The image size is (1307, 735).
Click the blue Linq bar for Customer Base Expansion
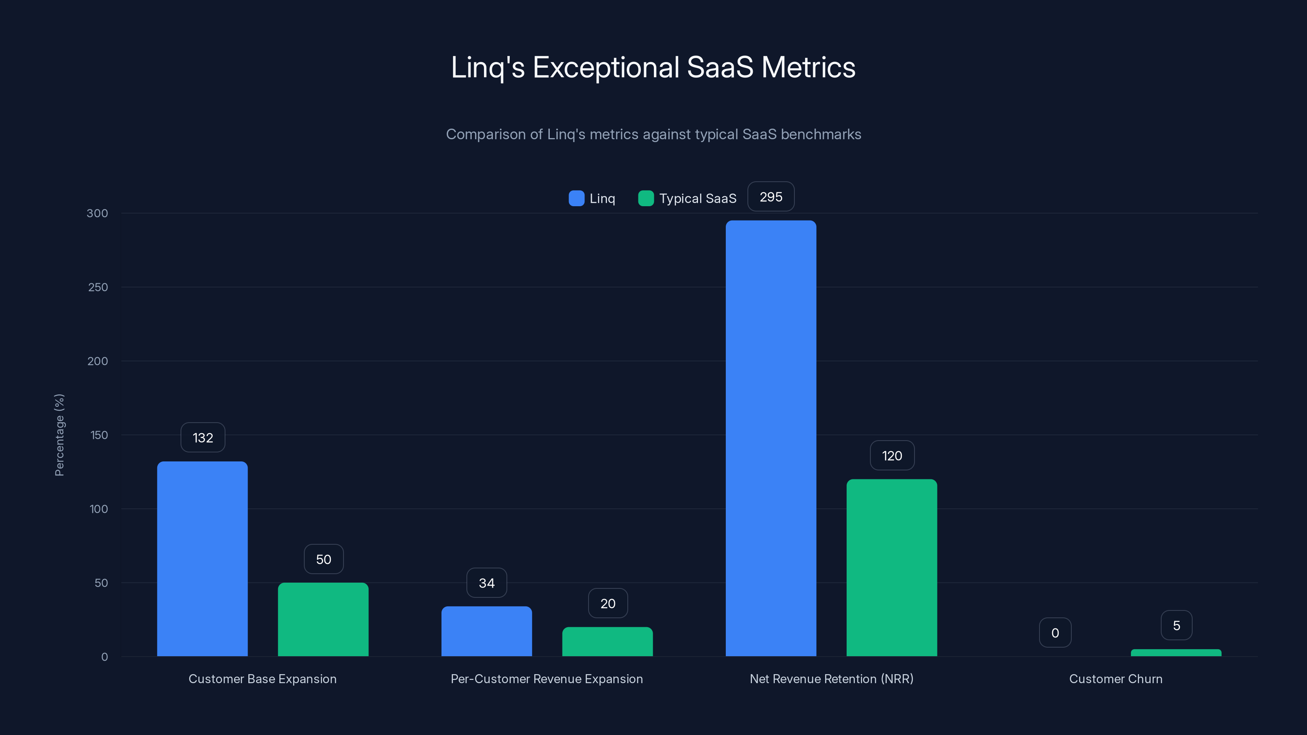(x=203, y=558)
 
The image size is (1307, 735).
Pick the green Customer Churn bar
(x=1176, y=653)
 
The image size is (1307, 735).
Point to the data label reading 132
(x=203, y=437)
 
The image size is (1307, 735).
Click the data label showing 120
(x=892, y=456)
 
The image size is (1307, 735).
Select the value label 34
(x=486, y=583)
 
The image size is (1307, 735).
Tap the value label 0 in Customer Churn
(x=1055, y=633)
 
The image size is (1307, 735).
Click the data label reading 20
(x=608, y=603)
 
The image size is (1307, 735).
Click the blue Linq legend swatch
(x=576, y=198)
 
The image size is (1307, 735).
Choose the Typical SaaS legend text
(x=698, y=198)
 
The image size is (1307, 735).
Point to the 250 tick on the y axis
(x=98, y=287)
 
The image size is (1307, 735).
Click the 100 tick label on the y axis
(x=99, y=509)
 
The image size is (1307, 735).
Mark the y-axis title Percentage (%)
(x=59, y=435)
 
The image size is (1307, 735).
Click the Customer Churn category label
(x=1115, y=679)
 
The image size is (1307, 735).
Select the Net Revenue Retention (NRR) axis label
(x=831, y=679)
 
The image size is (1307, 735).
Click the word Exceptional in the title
(x=606, y=67)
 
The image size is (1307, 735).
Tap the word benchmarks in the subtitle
(x=821, y=134)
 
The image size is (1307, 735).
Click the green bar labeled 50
(x=323, y=619)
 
